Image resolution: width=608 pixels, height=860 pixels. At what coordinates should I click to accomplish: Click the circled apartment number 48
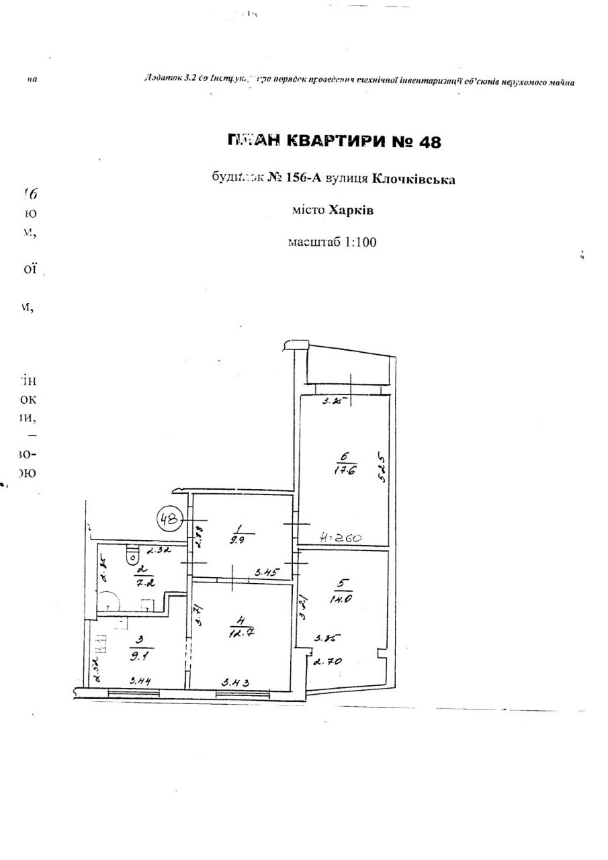point(170,518)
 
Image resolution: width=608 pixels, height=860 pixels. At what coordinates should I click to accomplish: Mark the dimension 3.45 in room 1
point(266,573)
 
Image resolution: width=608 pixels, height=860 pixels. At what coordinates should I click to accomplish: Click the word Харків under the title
point(351,210)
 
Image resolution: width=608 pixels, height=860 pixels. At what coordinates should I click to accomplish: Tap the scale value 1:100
point(357,242)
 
